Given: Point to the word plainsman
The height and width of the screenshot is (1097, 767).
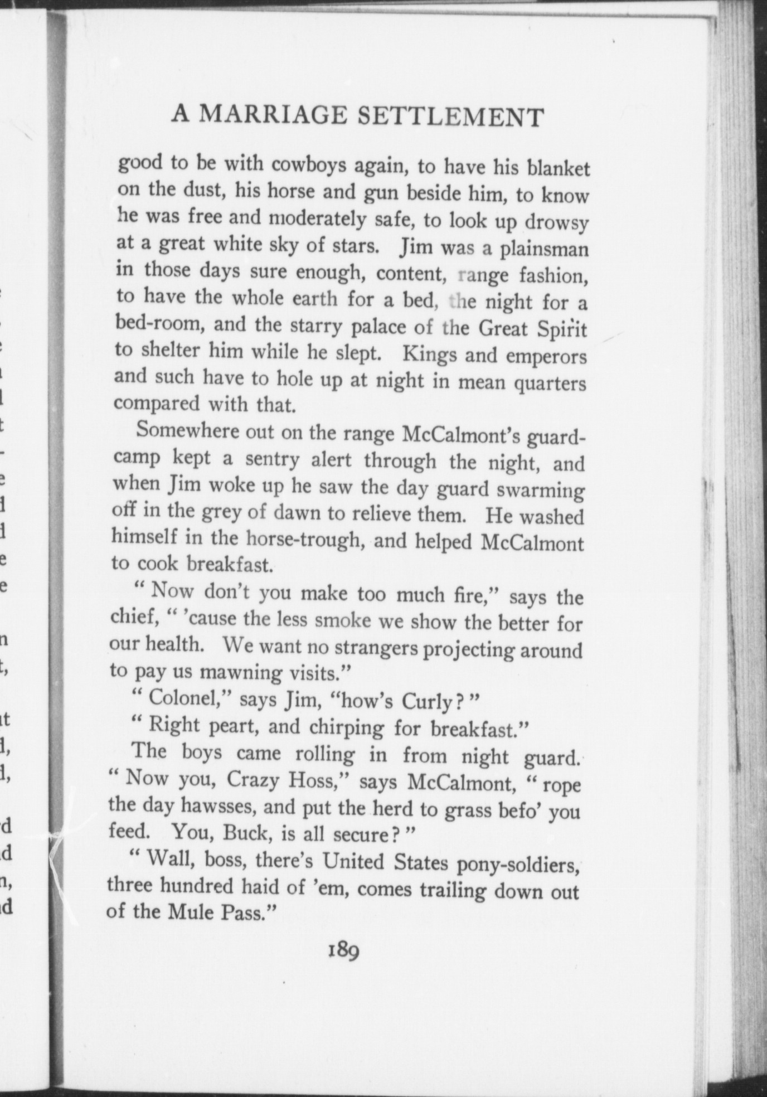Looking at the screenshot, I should [x=543, y=247].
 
